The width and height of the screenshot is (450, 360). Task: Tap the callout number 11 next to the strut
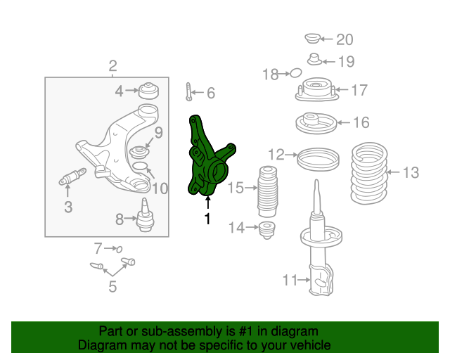[x=290, y=281]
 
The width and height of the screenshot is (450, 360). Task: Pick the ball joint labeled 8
[x=146, y=216]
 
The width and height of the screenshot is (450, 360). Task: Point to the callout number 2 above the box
[x=112, y=67]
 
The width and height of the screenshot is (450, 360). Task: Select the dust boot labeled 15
[x=266, y=192]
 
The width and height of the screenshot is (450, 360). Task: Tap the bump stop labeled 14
[x=267, y=229]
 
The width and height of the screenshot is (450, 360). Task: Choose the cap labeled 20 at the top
[x=313, y=38]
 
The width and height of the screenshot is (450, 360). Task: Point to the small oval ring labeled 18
[x=296, y=72]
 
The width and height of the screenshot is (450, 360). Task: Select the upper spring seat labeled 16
[x=311, y=123]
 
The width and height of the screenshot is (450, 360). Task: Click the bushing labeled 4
[x=148, y=91]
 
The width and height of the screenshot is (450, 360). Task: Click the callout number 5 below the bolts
[x=112, y=286]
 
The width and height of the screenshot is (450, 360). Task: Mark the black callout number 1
[x=207, y=219]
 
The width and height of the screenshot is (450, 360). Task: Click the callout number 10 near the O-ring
[x=160, y=188]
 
